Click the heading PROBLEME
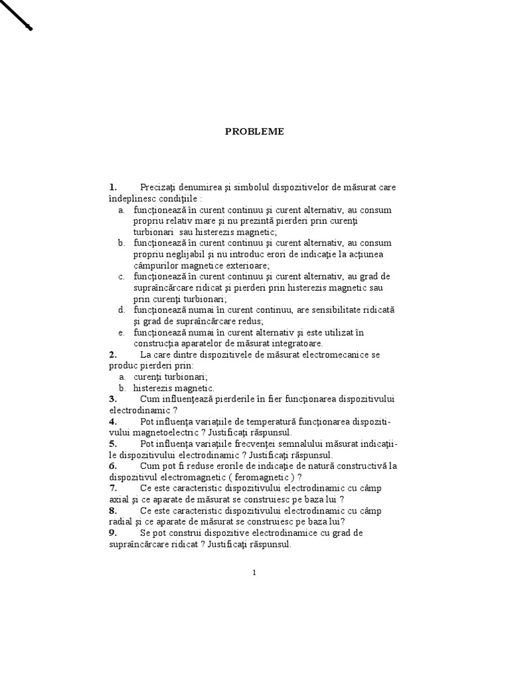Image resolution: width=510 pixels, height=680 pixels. click(x=254, y=131)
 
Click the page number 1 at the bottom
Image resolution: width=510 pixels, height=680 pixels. click(x=254, y=573)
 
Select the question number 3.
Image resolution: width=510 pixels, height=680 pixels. click(x=113, y=398)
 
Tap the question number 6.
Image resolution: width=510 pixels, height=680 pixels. click(x=113, y=466)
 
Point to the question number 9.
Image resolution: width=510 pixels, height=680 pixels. click(x=113, y=533)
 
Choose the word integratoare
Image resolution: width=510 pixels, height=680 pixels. click(x=296, y=343)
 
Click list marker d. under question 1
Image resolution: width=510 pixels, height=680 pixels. click(x=122, y=310)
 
